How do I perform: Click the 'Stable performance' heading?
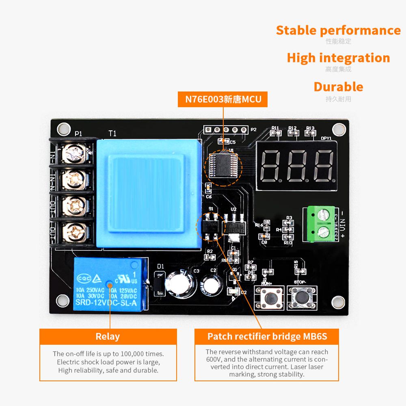point(338,30)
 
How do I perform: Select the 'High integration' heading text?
point(338,58)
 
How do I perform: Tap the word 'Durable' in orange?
point(338,87)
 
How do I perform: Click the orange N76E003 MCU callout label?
point(223,99)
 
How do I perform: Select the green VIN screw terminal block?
point(319,224)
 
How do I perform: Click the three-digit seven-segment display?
point(297,167)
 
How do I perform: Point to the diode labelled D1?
point(160,282)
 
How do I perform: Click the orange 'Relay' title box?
point(108,337)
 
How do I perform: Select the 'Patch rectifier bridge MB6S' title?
point(267,337)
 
